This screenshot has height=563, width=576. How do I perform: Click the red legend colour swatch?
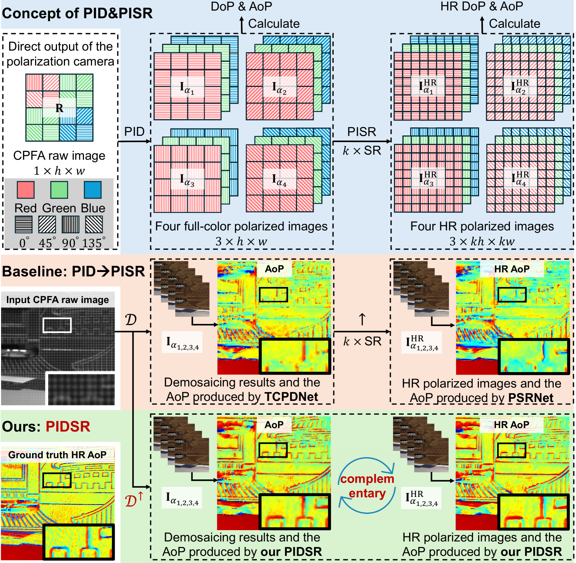(26, 190)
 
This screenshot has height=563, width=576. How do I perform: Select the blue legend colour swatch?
(92, 190)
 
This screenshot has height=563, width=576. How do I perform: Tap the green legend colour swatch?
(59, 190)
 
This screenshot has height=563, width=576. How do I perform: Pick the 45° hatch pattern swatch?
(47, 224)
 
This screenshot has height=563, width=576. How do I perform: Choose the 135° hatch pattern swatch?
(94, 224)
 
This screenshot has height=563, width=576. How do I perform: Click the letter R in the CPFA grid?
(59, 108)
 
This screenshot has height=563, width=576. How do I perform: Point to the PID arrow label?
(134, 131)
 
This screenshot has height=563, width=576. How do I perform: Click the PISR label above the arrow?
(361, 132)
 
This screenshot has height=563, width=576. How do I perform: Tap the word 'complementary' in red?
(367, 486)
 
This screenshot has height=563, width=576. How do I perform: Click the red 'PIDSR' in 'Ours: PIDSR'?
(68, 426)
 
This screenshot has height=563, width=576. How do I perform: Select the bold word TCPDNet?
(291, 397)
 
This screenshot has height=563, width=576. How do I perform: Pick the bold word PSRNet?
(531, 398)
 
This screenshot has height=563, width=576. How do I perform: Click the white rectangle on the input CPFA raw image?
(57, 325)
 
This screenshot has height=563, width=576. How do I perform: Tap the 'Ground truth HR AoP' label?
(57, 455)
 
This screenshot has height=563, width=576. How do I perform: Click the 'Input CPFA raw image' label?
(57, 300)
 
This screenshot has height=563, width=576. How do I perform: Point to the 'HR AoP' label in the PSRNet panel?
(512, 269)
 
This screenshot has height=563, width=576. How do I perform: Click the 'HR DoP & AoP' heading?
(481, 6)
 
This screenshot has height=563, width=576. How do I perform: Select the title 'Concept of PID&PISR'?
(77, 13)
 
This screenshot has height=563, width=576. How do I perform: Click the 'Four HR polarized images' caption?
(482, 226)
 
